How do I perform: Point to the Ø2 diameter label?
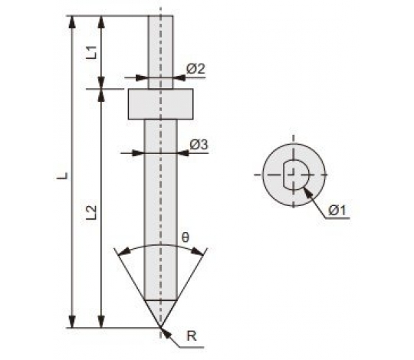(x=195, y=69)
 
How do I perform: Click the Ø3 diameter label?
(x=199, y=145)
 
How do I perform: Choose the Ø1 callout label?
(x=337, y=211)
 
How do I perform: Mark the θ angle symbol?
(x=186, y=237)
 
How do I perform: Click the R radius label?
(x=192, y=336)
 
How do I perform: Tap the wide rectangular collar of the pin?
(x=160, y=104)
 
